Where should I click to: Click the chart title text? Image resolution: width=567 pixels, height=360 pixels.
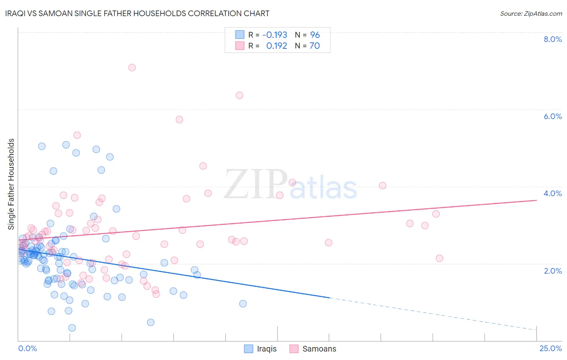[x=137, y=13]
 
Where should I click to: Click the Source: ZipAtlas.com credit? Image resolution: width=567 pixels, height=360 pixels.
[x=531, y=13]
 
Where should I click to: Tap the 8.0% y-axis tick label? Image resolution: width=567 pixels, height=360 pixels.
[x=552, y=39]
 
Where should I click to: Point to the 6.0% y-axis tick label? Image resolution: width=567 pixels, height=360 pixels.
[x=552, y=116]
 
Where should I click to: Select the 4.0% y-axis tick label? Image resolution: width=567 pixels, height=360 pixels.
[x=552, y=193]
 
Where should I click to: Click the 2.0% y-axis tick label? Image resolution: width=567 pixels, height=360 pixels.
[x=552, y=271]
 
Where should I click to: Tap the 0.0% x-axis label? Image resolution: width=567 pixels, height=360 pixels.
[x=27, y=348]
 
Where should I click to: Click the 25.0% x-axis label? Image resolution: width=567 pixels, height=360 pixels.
[x=550, y=348]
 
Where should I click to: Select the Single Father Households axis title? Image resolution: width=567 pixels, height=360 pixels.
[x=11, y=184]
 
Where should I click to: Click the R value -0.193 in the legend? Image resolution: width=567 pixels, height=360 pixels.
[x=275, y=35]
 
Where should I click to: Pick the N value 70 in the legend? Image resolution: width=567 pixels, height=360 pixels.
[x=315, y=46]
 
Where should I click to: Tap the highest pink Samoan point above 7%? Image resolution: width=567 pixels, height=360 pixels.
[x=132, y=67]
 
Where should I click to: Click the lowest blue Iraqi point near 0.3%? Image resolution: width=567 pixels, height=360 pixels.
[x=72, y=328]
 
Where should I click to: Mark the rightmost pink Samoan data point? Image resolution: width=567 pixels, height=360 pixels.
[x=440, y=258]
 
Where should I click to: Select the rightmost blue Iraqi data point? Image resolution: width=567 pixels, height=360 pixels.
[x=243, y=303]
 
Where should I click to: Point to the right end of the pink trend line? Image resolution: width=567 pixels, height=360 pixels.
[x=536, y=200]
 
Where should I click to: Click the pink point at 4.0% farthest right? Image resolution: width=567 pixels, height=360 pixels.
[x=382, y=186]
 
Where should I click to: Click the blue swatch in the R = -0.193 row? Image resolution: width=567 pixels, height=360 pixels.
[x=240, y=35]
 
